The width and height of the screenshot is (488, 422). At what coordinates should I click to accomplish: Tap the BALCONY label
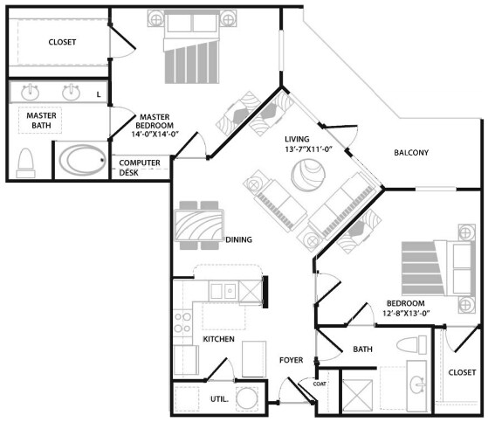pyautogui.click(x=410, y=153)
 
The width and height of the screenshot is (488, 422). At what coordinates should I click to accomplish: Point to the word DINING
pyautogui.click(x=238, y=239)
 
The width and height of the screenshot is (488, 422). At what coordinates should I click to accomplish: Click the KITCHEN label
pyautogui.click(x=218, y=338)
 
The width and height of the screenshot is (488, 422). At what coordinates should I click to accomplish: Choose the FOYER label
pyautogui.click(x=291, y=359)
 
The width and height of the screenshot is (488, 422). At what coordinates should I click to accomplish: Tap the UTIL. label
pyautogui.click(x=221, y=398)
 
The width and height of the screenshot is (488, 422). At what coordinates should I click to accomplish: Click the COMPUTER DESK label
pyautogui.click(x=139, y=168)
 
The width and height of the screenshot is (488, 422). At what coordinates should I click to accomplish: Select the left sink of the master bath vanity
pyautogui.click(x=31, y=92)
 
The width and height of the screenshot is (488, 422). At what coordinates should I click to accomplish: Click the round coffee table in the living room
pyautogui.click(x=306, y=179)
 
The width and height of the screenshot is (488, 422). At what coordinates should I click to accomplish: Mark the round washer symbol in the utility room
pyautogui.click(x=249, y=399)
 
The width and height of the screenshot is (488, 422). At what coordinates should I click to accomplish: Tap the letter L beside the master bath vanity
pyautogui.click(x=98, y=93)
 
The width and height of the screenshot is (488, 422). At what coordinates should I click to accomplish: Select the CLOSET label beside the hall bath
pyautogui.click(x=461, y=372)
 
